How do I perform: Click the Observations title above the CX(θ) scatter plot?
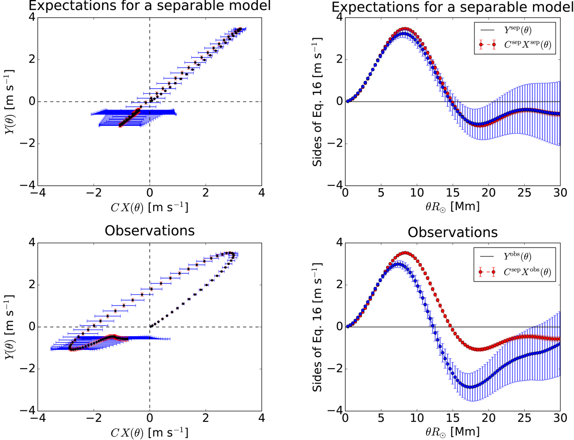(150, 230)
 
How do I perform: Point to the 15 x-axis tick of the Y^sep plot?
(453, 193)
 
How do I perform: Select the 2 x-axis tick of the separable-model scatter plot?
(206, 193)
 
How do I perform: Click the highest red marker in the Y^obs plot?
(405, 253)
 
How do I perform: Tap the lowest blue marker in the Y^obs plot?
(470, 387)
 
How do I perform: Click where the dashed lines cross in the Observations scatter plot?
(150, 327)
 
